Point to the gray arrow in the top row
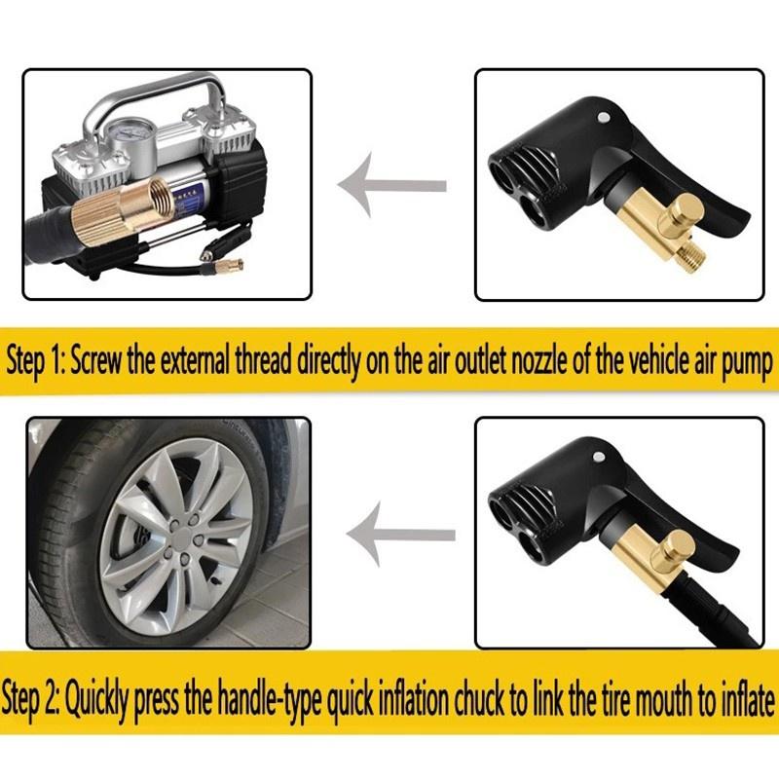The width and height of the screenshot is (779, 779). pos(389,184)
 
